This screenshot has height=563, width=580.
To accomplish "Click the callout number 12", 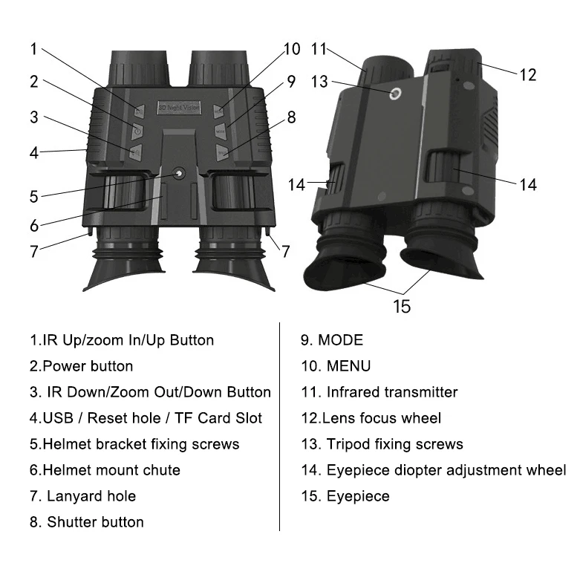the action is point(527,74).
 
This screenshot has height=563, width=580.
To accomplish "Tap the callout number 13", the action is point(319,82).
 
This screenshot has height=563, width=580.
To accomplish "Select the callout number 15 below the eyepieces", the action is point(401,305).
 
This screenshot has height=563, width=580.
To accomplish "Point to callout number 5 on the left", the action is point(34,197).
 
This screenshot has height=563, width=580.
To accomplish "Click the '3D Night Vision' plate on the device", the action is point(178,108).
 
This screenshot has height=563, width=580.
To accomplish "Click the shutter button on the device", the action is point(221,152).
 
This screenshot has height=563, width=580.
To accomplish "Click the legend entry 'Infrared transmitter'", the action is point(379,391).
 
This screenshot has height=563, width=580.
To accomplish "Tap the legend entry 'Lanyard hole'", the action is point(83,495).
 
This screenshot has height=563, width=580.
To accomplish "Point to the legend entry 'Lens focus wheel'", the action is point(371,417).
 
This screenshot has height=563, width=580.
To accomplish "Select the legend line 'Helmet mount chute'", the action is point(105,469).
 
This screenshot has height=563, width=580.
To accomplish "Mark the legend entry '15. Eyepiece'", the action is point(345,495).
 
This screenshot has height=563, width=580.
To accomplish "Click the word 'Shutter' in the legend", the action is point(74,521).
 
